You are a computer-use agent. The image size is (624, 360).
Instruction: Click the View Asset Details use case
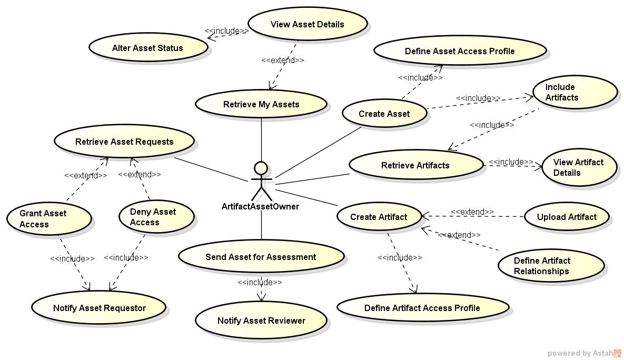point(307,24)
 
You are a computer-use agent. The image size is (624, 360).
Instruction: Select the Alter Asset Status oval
point(148,48)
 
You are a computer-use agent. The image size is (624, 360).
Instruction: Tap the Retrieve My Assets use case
point(261,104)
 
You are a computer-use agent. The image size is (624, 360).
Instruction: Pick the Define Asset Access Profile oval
point(460,51)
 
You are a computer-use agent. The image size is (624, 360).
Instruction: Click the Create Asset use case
point(384,114)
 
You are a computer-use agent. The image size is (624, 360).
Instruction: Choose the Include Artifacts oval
point(575,92)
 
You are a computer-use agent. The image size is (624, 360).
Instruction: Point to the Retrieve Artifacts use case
point(415,165)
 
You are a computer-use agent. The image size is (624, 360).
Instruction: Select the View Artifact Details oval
point(579,167)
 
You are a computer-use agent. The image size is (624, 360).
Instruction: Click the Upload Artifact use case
point(567,217)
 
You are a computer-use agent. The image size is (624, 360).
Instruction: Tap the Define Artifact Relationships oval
point(551,266)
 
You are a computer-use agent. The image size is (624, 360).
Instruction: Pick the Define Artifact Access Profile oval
point(422,308)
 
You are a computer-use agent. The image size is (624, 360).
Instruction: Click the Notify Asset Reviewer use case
point(261,321)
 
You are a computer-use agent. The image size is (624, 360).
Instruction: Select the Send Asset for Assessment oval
point(261,257)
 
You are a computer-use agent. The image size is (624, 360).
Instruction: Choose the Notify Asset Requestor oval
point(99,308)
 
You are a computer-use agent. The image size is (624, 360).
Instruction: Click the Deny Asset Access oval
point(154,217)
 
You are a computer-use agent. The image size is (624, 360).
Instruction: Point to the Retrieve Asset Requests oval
point(124,142)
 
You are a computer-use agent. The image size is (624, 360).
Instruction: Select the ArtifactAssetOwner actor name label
point(260,207)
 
